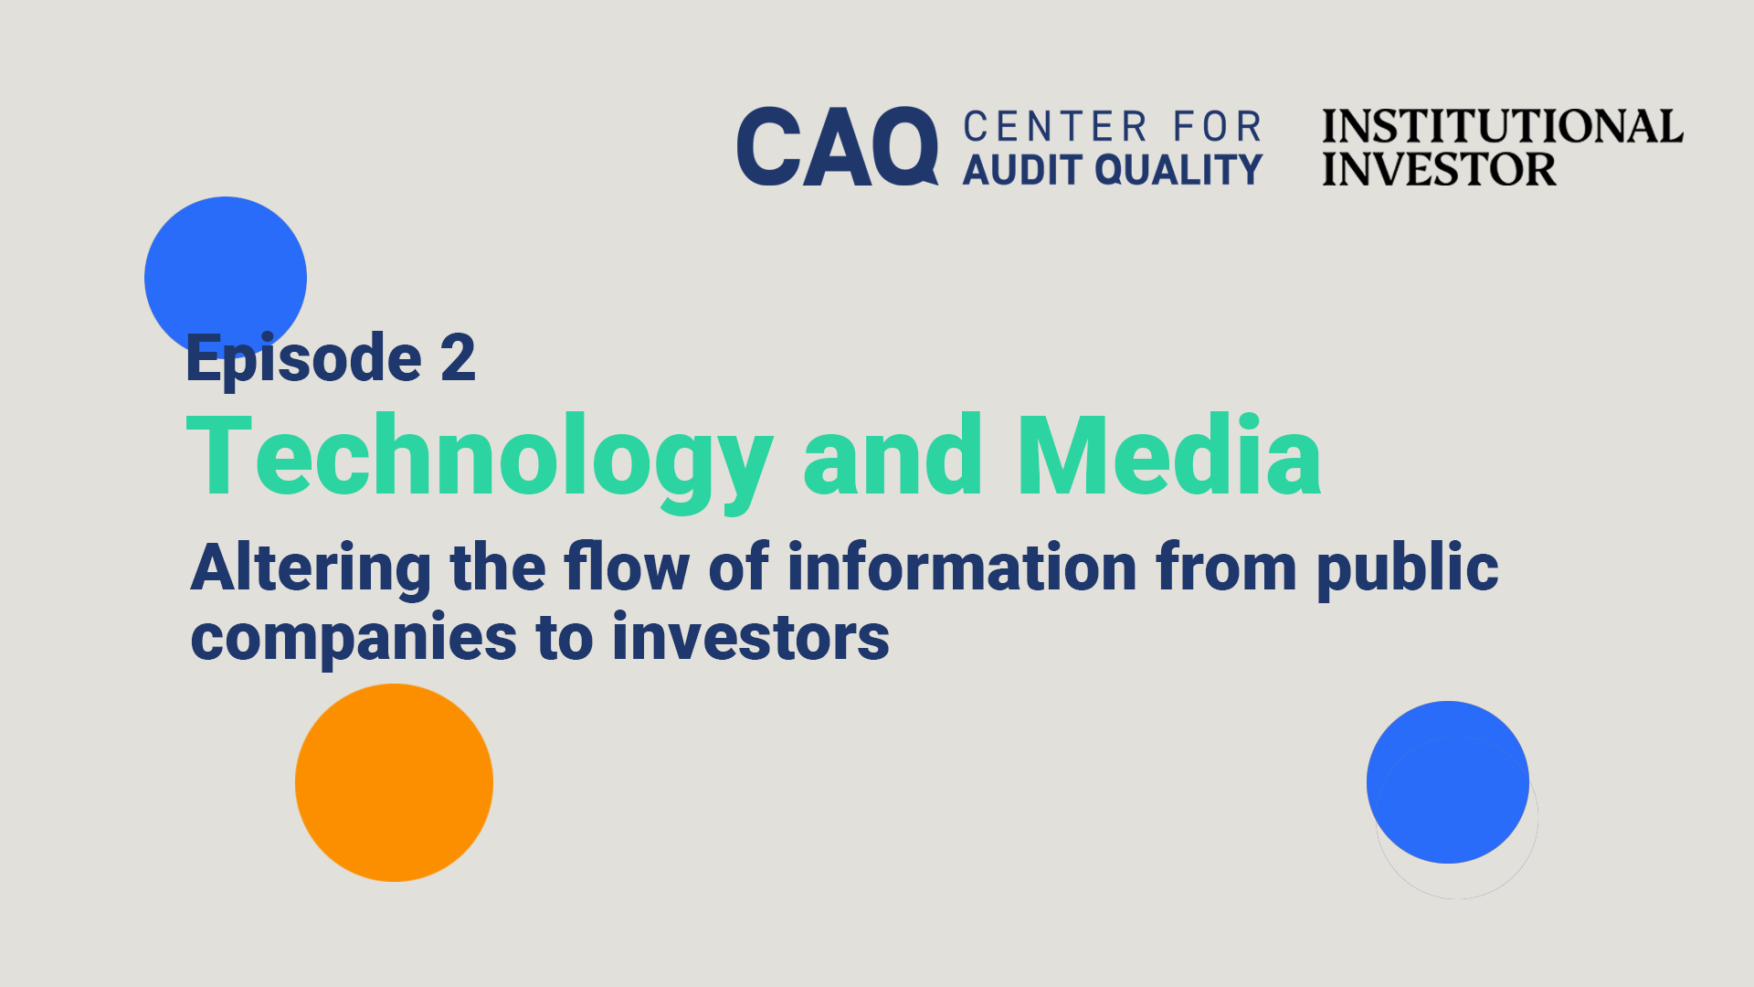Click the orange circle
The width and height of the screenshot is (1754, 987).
394,782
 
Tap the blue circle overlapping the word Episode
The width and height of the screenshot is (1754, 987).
226,277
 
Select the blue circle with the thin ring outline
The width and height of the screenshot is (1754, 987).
1448,782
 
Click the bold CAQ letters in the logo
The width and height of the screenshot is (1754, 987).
838,146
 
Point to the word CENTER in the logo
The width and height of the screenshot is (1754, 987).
1055,127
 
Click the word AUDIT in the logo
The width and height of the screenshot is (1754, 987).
1021,170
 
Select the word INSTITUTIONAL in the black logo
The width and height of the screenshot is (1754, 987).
1503,126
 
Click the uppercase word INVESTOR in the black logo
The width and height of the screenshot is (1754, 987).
1439,169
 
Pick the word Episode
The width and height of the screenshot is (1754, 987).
304,358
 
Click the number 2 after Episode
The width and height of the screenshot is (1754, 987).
458,357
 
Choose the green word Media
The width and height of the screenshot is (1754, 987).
1169,455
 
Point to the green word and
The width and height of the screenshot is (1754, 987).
893,455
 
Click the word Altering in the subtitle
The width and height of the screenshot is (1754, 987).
312,569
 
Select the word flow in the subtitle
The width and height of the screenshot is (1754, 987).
628,567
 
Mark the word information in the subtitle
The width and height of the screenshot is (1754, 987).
962,567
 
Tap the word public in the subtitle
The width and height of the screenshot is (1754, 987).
1408,569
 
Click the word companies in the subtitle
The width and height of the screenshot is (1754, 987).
354,639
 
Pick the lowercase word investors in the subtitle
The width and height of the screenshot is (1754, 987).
751,637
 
